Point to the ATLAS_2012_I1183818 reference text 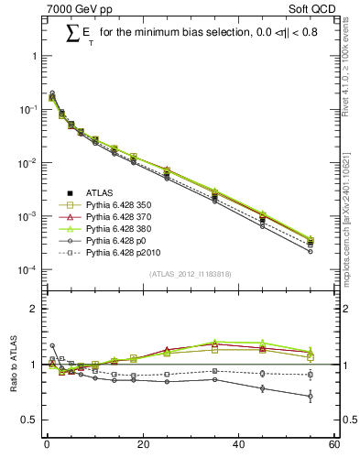(190, 275)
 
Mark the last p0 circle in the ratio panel (311, 397)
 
